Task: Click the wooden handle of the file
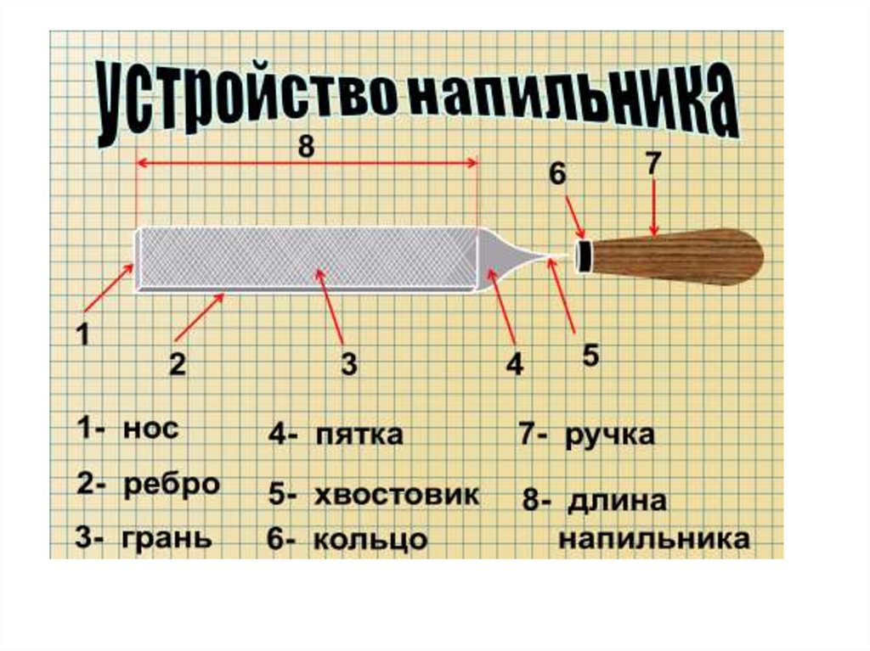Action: (x=680, y=255)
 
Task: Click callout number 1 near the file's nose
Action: (x=83, y=336)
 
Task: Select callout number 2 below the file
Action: (x=177, y=365)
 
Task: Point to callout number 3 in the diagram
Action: (x=348, y=365)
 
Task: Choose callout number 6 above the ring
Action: (x=556, y=174)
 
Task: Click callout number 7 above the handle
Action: (x=652, y=164)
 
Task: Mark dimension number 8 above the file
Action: (x=306, y=147)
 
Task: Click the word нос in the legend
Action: (x=150, y=429)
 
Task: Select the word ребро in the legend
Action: (x=172, y=485)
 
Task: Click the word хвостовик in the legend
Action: (x=396, y=495)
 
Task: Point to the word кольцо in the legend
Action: (x=370, y=541)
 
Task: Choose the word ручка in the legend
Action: (x=610, y=435)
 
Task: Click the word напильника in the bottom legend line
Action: (x=653, y=540)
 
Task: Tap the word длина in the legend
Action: (x=617, y=500)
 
